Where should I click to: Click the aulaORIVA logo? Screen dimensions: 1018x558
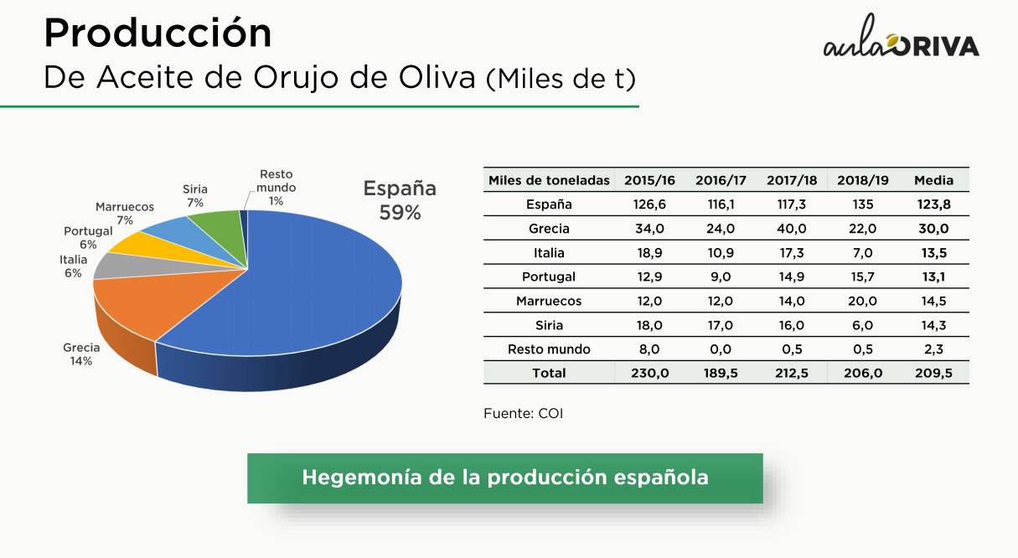(x=902, y=37)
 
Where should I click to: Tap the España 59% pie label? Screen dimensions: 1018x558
(x=400, y=200)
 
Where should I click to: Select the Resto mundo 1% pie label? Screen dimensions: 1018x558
(x=276, y=188)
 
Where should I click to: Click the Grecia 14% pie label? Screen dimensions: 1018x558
(x=81, y=354)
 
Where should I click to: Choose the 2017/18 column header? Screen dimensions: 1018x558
(x=792, y=180)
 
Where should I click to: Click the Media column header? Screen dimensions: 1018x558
(x=933, y=180)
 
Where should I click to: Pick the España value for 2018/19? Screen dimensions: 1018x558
(x=862, y=204)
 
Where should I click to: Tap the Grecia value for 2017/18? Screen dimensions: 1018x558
(x=792, y=229)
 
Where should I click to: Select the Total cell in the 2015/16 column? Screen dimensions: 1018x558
(x=649, y=373)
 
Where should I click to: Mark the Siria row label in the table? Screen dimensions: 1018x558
(x=549, y=325)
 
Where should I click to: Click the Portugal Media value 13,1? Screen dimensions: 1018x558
(x=933, y=276)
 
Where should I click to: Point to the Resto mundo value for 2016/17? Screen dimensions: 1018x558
(x=721, y=349)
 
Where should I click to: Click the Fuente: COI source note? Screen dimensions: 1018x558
(x=523, y=414)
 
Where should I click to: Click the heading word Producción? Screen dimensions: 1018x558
(x=158, y=33)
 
